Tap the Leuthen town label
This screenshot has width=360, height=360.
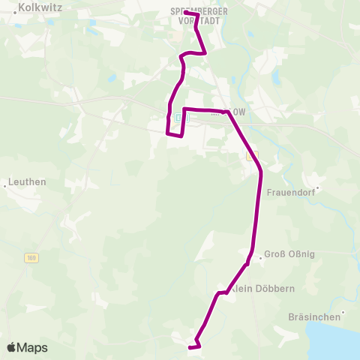(28, 181)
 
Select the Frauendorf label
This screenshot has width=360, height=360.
(293, 191)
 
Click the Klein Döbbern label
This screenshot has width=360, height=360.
(257, 289)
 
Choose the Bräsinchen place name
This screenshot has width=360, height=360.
(315, 317)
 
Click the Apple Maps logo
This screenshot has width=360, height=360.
(27, 347)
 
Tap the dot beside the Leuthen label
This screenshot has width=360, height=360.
(6, 182)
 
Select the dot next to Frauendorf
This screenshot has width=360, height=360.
(317, 188)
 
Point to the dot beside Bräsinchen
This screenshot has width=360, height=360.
(343, 313)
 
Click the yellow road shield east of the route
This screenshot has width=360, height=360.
(252, 155)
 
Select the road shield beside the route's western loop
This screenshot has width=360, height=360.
(178, 118)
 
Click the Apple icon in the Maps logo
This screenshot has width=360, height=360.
(12, 347)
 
